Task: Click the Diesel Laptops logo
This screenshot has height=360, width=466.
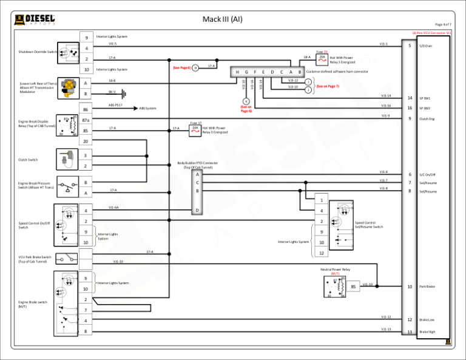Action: (x=35, y=19)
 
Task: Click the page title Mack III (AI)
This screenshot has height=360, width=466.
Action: (x=221, y=19)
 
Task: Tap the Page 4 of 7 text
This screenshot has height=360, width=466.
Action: (x=443, y=24)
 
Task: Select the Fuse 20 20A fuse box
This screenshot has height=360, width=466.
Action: (x=322, y=59)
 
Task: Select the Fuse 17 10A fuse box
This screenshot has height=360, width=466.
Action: (x=195, y=129)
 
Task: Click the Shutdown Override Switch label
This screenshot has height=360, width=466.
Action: (x=36, y=52)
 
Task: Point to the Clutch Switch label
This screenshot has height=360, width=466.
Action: (x=28, y=160)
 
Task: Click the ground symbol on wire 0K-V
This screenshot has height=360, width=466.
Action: (x=124, y=93)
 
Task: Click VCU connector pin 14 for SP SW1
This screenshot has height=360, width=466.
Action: (x=410, y=98)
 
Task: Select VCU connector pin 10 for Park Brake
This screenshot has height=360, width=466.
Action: (x=410, y=287)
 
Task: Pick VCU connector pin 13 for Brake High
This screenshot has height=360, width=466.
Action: (x=410, y=332)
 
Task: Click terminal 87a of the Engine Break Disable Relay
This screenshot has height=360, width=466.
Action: (x=86, y=121)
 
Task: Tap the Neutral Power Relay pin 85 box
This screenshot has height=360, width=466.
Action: (x=353, y=286)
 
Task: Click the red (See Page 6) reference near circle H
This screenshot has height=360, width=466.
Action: (x=181, y=67)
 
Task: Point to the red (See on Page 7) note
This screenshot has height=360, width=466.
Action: (x=328, y=86)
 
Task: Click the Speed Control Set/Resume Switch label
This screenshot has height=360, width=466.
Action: (x=368, y=225)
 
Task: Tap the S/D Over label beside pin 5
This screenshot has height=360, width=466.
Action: (x=426, y=46)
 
